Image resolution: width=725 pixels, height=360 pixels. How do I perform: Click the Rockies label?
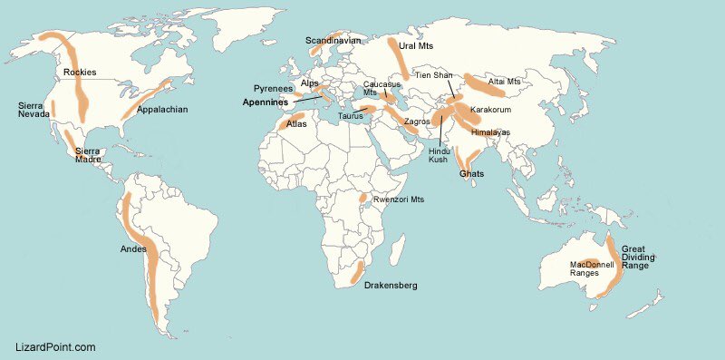[x=80, y=73]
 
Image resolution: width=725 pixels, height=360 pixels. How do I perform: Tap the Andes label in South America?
[x=134, y=249]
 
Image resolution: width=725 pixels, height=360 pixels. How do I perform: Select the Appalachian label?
[x=161, y=110]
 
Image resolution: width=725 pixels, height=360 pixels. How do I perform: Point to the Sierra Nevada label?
[x=34, y=110]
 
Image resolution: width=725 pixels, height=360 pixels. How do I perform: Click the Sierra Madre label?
[x=88, y=155]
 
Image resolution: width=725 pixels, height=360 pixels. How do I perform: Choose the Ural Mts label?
[x=417, y=45]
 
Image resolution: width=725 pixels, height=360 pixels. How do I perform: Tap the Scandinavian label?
[x=333, y=41]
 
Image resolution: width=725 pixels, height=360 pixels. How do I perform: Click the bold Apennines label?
[x=266, y=102]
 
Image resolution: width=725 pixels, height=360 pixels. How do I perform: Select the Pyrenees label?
[x=273, y=89]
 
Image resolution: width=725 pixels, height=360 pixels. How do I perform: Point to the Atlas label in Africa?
[x=296, y=124]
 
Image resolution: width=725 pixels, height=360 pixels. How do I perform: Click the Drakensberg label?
[x=391, y=286]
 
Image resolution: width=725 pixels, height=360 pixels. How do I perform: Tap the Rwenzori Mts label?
[x=399, y=199]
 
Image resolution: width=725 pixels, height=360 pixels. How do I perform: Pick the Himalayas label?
[x=490, y=132]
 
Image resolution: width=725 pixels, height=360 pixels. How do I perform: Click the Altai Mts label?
[x=505, y=82]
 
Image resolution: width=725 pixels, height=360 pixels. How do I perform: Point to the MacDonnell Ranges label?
[x=592, y=268]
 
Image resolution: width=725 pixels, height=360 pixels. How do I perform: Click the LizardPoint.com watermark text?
[x=56, y=347]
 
